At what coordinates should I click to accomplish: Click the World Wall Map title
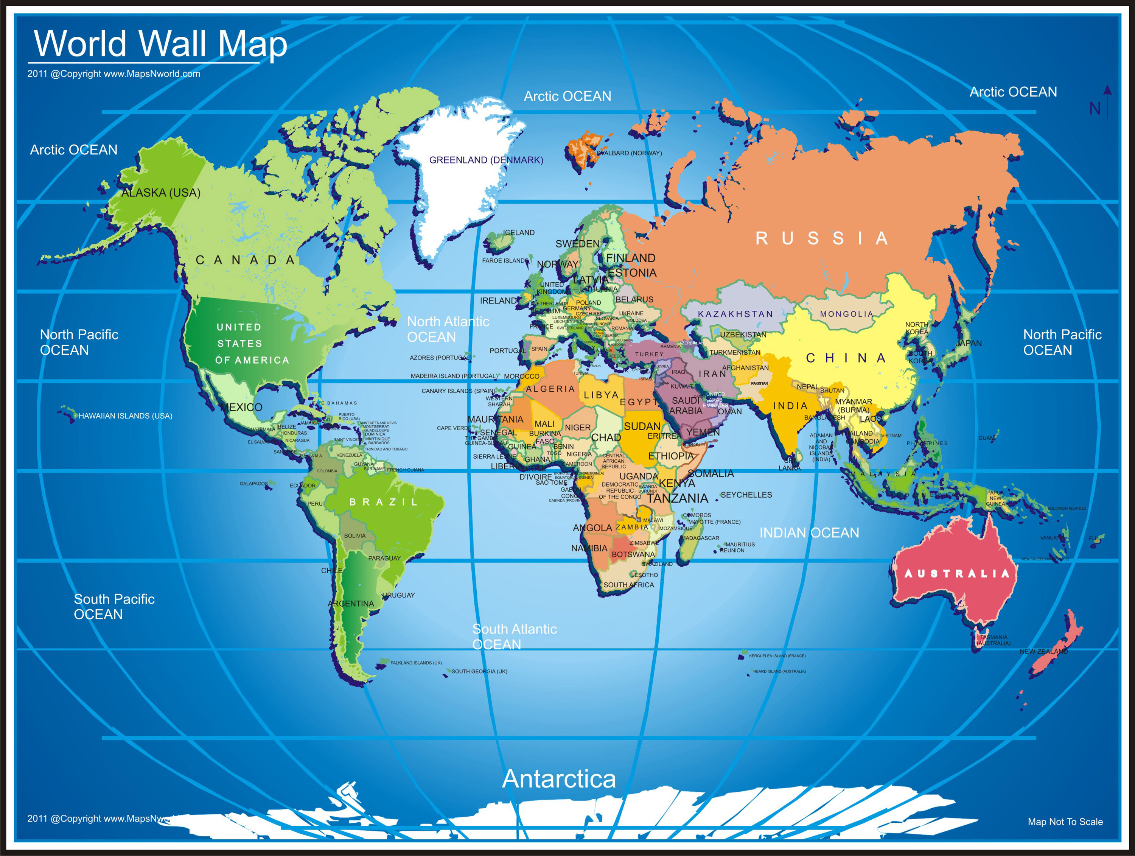click(160, 44)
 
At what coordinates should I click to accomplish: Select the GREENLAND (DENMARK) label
click(486, 160)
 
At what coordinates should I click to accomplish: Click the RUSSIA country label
click(821, 238)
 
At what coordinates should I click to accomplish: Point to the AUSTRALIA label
click(956, 573)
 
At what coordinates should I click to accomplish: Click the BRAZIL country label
click(384, 502)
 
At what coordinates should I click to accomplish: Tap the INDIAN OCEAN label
click(809, 533)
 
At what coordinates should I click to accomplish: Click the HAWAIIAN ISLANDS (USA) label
click(125, 416)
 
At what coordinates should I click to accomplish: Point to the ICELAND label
click(519, 232)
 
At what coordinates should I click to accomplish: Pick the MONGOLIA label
click(846, 314)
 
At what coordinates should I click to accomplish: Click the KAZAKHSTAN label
click(735, 314)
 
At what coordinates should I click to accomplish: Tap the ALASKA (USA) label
click(161, 193)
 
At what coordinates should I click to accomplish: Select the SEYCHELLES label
click(746, 495)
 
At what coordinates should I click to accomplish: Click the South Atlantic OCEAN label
click(514, 637)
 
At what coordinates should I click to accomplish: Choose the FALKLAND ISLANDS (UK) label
click(416, 663)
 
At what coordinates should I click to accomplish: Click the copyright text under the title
click(114, 74)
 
